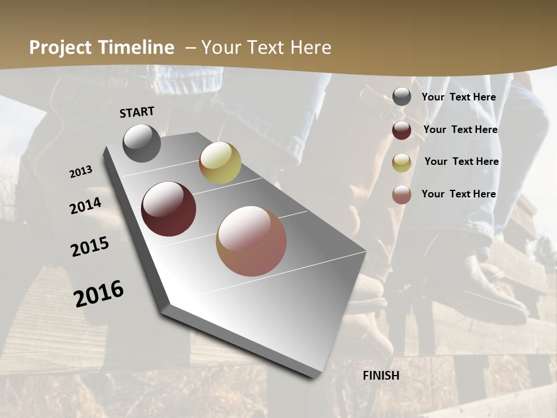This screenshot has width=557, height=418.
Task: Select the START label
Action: pos(137,112)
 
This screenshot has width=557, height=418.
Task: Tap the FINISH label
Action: pos(381,376)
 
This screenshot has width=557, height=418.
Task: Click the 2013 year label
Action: pos(81,172)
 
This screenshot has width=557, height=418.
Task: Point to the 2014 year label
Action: pos(86,206)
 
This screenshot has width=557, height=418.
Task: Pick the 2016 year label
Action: pos(99,293)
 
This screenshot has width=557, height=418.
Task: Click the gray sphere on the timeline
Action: pos(142,143)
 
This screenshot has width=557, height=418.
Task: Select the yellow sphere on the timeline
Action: pos(220,163)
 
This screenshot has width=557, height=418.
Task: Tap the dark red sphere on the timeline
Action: pos(169,209)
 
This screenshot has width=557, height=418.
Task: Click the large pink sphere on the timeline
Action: pos(251,241)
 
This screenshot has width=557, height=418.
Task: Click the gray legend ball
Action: pos(402,97)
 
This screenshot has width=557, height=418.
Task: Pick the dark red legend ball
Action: pos(402,130)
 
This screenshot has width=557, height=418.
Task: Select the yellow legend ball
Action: pos(402,163)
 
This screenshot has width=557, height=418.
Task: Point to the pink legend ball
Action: pos(402,194)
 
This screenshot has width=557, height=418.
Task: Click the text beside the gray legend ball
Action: pos(459,97)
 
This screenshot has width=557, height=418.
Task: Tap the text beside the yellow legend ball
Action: pos(461,161)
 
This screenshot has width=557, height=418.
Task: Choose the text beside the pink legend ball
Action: pos(459,194)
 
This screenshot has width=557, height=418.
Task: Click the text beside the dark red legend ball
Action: pos(461,129)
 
